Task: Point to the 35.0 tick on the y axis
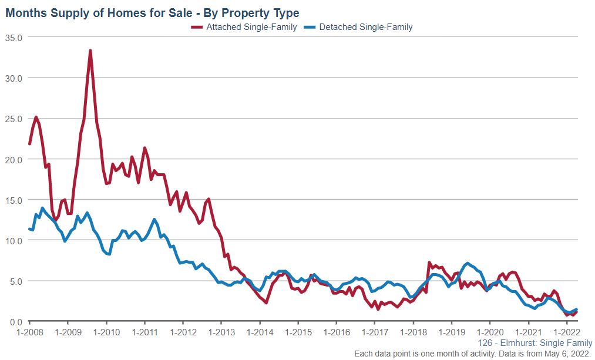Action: click(13, 37)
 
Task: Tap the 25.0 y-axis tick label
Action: click(13, 119)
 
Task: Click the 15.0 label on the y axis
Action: click(13, 200)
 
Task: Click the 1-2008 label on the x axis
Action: click(29, 332)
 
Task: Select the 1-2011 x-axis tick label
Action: click(144, 332)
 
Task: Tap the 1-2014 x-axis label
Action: click(260, 332)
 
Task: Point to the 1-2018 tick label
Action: click(413, 332)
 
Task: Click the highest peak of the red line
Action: click(90, 51)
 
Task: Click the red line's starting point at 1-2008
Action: click(30, 143)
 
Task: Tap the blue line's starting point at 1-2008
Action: click(30, 229)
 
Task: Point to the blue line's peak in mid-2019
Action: click(468, 263)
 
